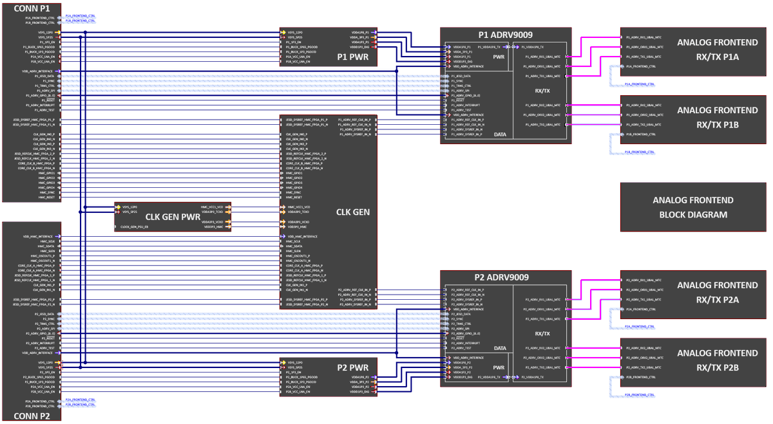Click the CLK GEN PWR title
pyautogui.click(x=172, y=217)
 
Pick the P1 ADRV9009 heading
pyautogui.click(x=506, y=35)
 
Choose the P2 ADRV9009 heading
pyautogui.click(x=506, y=277)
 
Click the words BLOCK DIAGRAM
pyautogui.click(x=693, y=215)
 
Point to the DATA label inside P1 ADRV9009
pyautogui.click(x=500, y=134)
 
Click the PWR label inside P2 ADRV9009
pyautogui.click(x=499, y=368)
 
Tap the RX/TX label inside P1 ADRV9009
pyautogui.click(x=542, y=91)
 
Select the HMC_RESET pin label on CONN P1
pyautogui.click(x=47, y=198)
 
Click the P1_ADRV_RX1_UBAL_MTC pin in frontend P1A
pyautogui.click(x=644, y=37)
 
